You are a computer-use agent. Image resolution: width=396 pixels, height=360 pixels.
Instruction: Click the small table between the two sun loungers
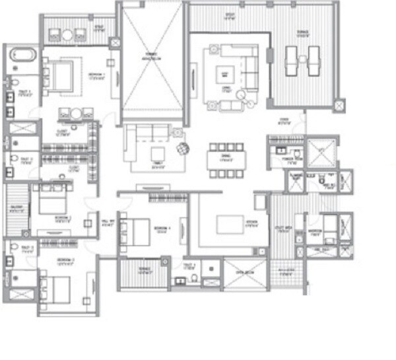(x=302, y=58)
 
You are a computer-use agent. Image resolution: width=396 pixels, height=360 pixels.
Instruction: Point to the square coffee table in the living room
(x=225, y=75)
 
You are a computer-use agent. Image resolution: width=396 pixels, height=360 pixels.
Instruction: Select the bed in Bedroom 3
(x=51, y=201)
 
